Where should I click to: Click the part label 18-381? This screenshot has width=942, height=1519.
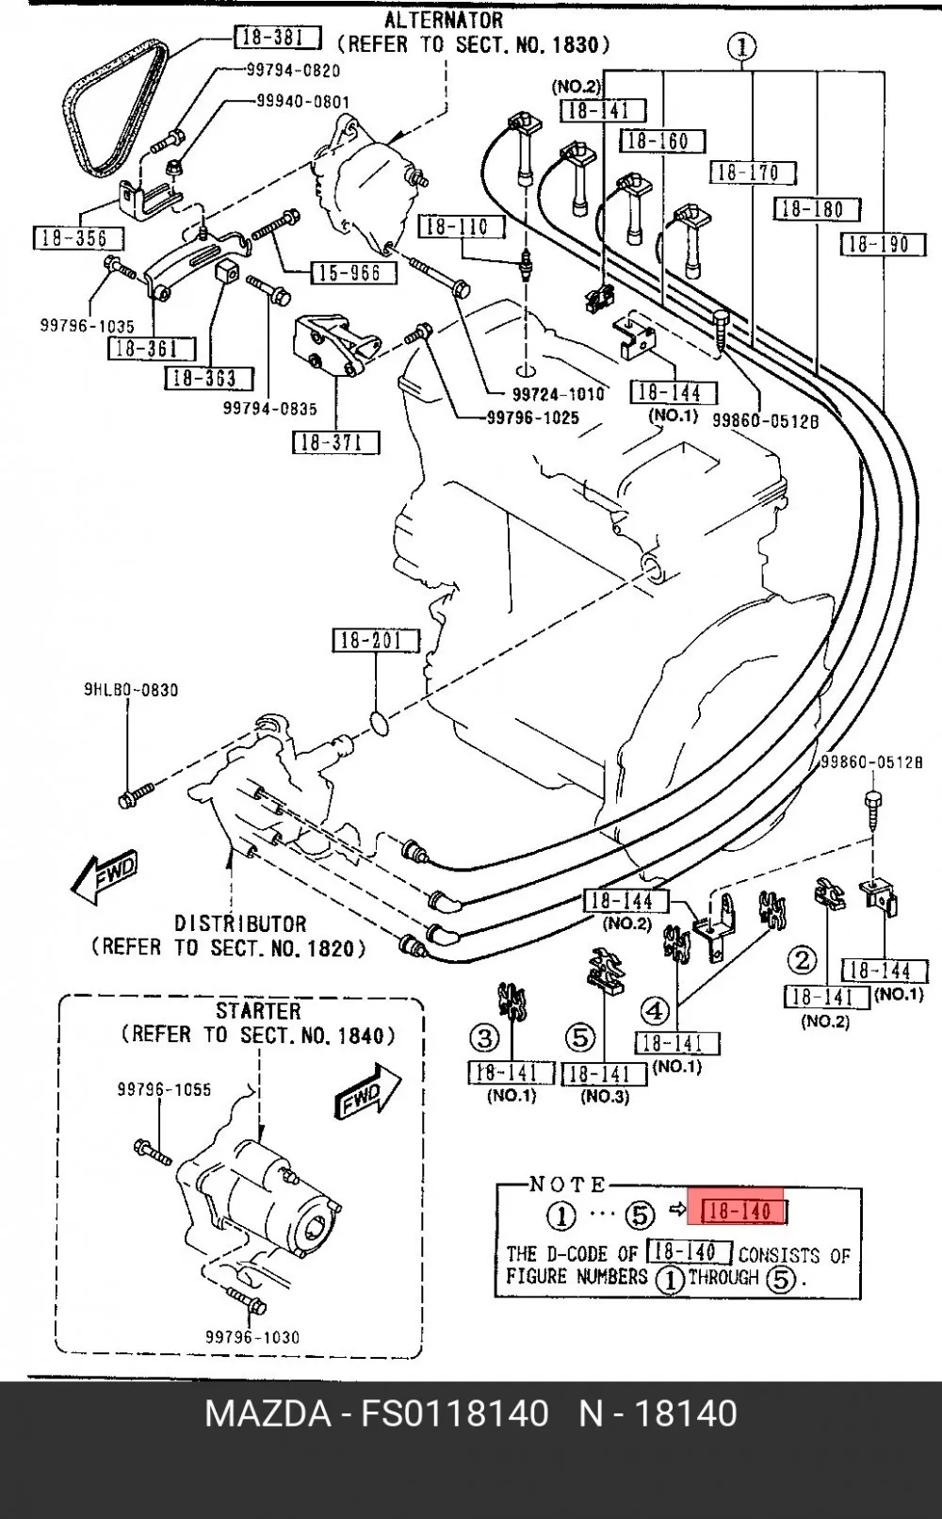click(x=277, y=38)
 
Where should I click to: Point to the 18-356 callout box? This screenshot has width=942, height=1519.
click(x=78, y=238)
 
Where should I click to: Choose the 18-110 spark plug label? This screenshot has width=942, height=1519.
click(x=463, y=226)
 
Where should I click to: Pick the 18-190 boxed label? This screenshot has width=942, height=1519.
click(x=882, y=244)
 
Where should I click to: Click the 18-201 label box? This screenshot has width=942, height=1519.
click(x=376, y=640)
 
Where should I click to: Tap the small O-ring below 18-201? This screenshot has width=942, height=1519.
click(x=381, y=724)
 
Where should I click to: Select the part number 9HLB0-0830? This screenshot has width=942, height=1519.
click(x=131, y=690)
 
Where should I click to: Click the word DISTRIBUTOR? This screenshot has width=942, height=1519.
click(x=240, y=923)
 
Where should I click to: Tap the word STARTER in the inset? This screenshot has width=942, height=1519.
click(x=258, y=1011)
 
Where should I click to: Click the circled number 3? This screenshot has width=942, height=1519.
click(x=484, y=1037)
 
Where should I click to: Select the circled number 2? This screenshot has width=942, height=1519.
click(x=803, y=960)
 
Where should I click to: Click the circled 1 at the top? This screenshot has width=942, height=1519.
click(x=741, y=47)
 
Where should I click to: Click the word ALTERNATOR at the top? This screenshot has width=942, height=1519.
click(x=444, y=20)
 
